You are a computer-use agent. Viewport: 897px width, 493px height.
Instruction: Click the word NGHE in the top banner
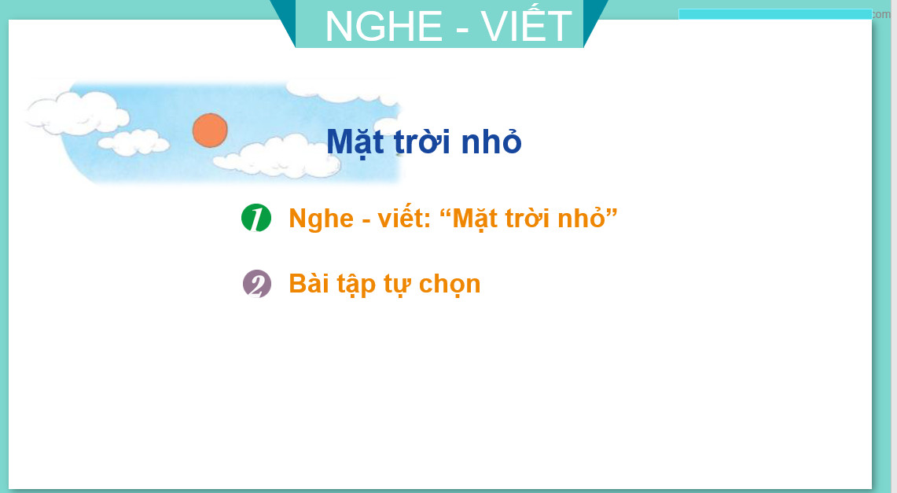coord(384,26)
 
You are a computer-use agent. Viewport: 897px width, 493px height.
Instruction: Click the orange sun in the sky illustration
coord(210,130)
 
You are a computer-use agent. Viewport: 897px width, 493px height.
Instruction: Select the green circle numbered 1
coord(256,217)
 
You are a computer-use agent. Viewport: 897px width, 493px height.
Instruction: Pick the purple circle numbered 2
coord(257,284)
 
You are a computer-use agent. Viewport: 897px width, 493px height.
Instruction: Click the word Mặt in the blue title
coord(355,142)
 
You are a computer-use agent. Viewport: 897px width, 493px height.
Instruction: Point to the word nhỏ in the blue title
coord(491,140)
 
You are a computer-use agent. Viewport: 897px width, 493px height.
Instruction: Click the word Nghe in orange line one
coord(322,219)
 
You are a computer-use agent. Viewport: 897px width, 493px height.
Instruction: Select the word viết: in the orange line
coord(404,217)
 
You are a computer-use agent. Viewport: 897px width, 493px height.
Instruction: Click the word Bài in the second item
coord(309,283)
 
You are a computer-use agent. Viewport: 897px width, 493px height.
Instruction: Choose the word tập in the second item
coord(355,285)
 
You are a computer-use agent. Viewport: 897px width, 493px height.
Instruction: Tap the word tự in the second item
coord(396,285)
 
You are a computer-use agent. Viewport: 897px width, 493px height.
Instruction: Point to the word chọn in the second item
coord(450,285)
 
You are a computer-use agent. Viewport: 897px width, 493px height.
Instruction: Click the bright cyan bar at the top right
coord(775,14)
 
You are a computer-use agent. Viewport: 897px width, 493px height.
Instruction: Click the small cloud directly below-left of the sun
coord(134,142)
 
